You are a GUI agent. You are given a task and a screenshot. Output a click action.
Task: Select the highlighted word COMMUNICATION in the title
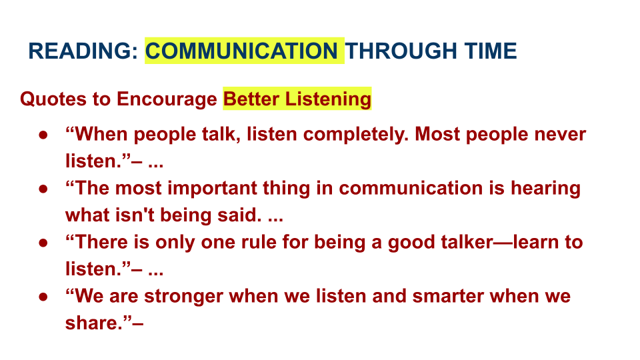coord(241,51)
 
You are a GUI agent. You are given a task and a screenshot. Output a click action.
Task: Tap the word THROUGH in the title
coord(401,51)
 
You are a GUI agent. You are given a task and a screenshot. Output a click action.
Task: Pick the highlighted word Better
coord(251,99)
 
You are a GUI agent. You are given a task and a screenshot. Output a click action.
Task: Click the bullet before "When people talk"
coord(43,135)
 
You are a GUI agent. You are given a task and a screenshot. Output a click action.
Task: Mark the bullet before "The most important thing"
coord(43,189)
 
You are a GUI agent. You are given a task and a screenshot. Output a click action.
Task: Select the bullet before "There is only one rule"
coord(43,243)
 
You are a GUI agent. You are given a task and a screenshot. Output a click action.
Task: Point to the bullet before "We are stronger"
coord(43,296)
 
